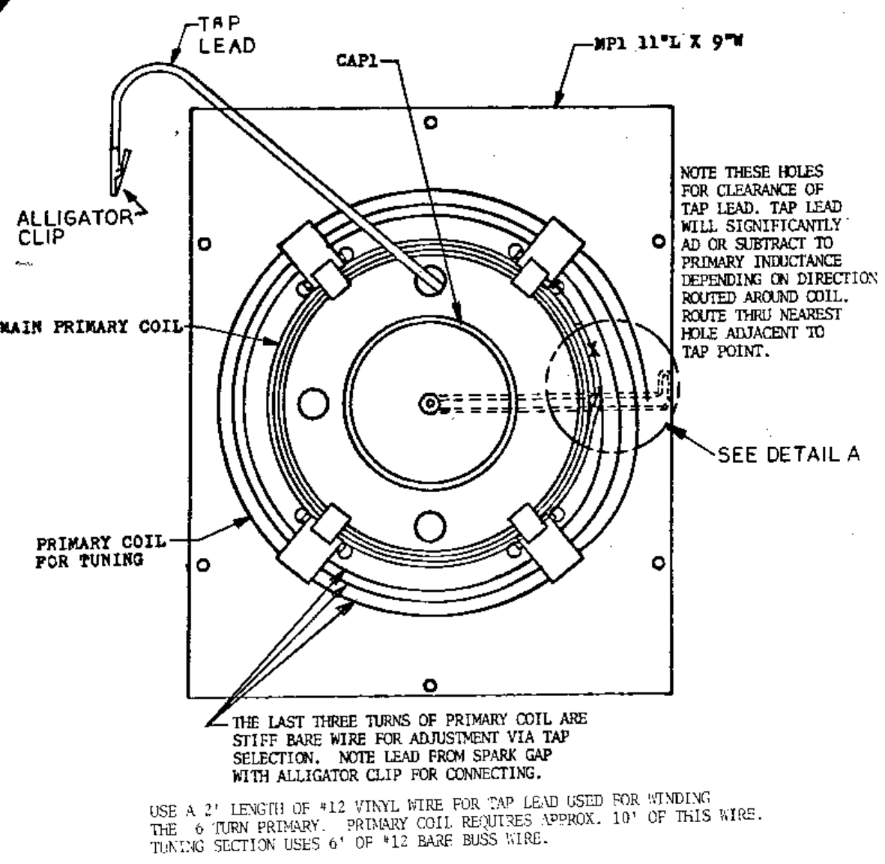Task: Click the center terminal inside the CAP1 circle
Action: (x=429, y=403)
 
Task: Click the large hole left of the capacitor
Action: (x=312, y=403)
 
